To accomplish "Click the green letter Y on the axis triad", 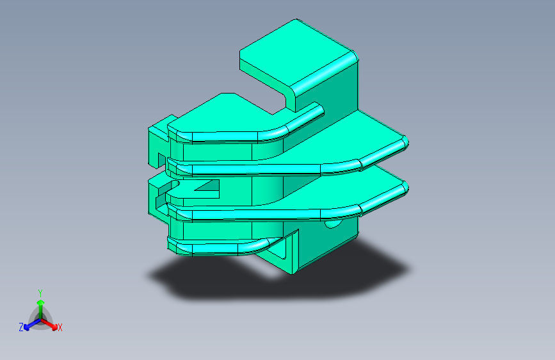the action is [x=40, y=293].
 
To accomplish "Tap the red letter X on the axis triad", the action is [x=60, y=327].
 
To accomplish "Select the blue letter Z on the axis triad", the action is [x=21, y=327].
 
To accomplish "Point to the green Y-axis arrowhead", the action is [x=41, y=302].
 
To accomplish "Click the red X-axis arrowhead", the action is [x=54, y=327].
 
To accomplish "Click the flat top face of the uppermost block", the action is [x=296, y=53].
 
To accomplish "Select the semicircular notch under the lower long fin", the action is [x=333, y=224].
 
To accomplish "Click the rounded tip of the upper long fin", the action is [x=405, y=142].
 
